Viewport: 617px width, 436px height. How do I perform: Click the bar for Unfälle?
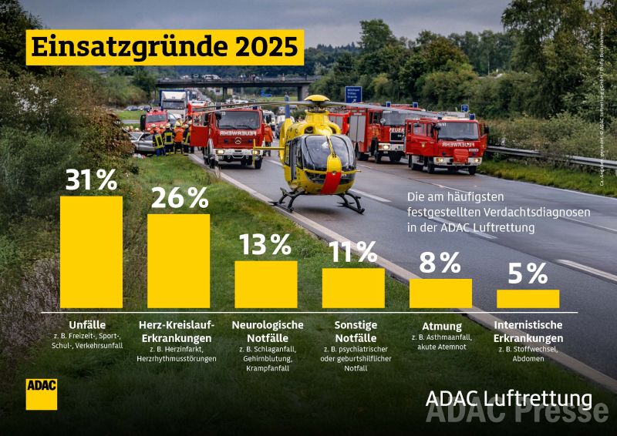tap(91, 252)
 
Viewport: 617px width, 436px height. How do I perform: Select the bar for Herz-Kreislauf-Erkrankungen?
tap(178, 261)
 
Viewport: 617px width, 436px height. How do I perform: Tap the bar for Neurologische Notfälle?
tap(265, 284)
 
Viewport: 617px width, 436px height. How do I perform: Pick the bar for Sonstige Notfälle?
tap(353, 288)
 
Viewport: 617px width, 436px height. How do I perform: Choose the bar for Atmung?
tap(440, 293)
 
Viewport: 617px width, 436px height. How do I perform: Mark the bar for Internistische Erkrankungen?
tap(528, 299)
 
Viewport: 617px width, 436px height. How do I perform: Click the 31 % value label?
tap(91, 179)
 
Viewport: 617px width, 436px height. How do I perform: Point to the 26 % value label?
tap(179, 198)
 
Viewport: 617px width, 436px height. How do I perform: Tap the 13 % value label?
tap(265, 244)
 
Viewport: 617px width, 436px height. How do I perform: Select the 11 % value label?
tap(353, 251)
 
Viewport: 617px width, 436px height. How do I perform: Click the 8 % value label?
tap(440, 263)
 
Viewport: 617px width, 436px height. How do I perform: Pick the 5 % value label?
tap(528, 273)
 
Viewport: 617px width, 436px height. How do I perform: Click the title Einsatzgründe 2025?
tap(163, 48)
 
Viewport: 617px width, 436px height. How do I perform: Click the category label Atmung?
tap(442, 326)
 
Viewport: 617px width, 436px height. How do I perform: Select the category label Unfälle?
tap(87, 324)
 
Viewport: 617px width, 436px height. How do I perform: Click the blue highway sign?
tap(353, 94)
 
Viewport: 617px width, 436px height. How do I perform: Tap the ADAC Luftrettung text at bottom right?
tap(509, 398)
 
